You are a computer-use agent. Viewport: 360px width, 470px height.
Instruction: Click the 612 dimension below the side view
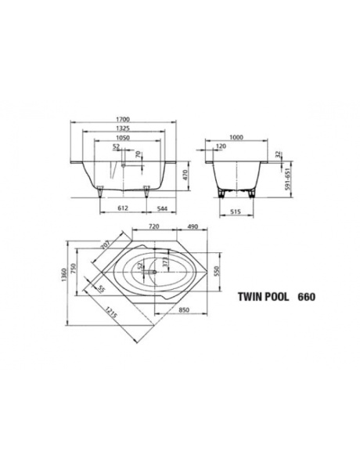pyautogui.click(x=123, y=209)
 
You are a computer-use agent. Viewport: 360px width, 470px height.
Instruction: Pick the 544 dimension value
pyautogui.click(x=161, y=209)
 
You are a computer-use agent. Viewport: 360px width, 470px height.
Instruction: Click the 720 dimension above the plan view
pyautogui.click(x=154, y=226)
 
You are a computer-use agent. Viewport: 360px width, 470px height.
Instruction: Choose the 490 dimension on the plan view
pyautogui.click(x=193, y=226)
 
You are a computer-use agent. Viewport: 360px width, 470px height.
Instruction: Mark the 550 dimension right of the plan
pyautogui.click(x=229, y=269)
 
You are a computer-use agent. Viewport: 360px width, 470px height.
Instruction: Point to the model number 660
pyautogui.click(x=308, y=298)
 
